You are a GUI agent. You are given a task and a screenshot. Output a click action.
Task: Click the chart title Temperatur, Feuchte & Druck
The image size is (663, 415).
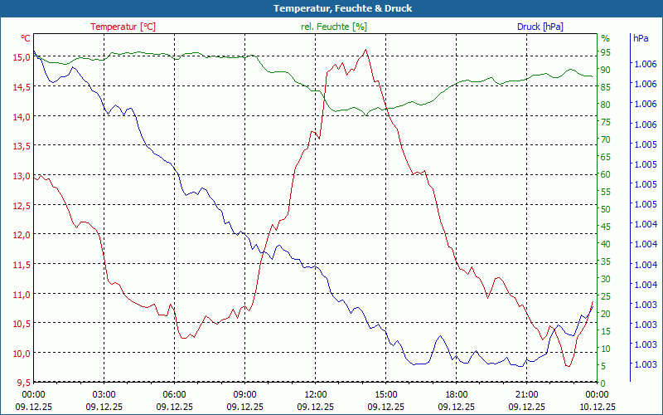(x=331, y=8)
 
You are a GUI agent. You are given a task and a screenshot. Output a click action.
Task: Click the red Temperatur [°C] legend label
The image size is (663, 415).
(x=123, y=27)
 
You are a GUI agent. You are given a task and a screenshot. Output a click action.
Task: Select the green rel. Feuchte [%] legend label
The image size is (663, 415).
(x=334, y=27)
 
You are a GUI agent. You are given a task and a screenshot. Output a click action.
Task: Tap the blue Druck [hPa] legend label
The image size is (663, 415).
(x=540, y=27)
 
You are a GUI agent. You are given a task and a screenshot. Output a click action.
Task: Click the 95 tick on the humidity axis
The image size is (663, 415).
(x=605, y=52)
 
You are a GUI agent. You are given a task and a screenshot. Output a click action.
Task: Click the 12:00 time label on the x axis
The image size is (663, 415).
(x=315, y=394)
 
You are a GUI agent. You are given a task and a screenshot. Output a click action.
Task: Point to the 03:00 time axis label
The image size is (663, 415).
(x=104, y=394)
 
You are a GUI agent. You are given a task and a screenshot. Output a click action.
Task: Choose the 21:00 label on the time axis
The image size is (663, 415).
(x=526, y=394)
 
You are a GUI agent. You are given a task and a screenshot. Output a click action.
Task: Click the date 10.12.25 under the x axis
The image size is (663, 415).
(x=597, y=407)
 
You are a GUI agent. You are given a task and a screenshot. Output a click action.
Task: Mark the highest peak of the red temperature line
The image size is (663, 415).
(x=365, y=49)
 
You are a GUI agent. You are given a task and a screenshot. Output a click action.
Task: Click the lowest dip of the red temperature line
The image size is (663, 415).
(x=568, y=366)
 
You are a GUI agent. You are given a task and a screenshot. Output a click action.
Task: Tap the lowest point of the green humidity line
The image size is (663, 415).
(x=365, y=116)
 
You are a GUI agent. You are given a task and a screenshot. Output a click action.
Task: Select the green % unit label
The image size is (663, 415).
(x=605, y=38)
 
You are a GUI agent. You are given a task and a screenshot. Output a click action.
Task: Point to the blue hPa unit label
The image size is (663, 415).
(x=641, y=38)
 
